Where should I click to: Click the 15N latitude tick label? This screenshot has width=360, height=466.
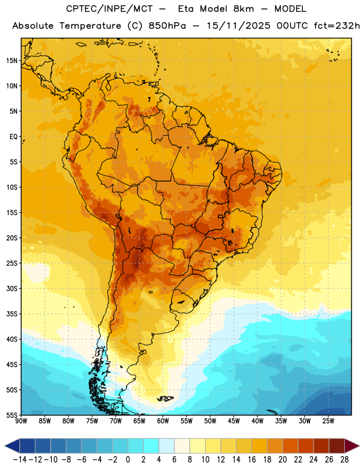coord(12,61)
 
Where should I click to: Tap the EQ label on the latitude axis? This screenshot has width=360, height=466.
coord(13,137)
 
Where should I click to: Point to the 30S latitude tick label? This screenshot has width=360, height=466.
coord(12,288)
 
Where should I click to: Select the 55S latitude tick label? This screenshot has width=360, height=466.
coord(12,415)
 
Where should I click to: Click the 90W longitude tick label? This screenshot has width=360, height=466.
coord(21,421)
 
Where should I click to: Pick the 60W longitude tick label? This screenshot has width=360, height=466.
coord(163,421)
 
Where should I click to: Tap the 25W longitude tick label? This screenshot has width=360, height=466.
coord(328,421)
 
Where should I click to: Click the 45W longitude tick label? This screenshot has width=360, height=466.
coord(234,421)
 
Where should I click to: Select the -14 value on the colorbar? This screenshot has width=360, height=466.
coord(20,460)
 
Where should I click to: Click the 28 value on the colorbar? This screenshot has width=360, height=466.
coord(344,460)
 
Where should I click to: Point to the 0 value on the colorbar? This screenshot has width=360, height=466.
coord(128,460)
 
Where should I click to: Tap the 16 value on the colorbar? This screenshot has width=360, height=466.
coord(252,460)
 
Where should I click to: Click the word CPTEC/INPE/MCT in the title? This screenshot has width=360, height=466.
coord(109,9)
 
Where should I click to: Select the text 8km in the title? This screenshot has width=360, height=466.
coord(243,9)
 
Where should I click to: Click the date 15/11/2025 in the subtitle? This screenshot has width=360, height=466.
coord(238,26)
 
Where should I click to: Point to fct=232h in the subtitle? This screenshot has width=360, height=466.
coord(337,26)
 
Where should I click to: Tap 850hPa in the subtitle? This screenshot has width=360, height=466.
coord(167,26)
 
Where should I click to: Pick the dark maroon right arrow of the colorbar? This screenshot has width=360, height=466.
coord(352,446)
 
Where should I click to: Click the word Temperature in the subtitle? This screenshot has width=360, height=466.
coord(90,26)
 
